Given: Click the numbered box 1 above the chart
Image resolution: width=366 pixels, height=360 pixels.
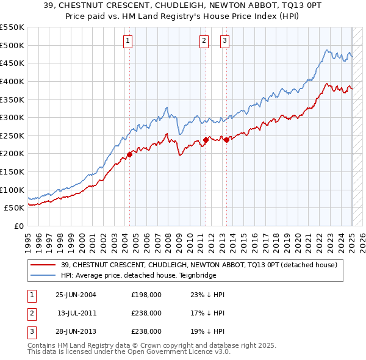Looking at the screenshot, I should [x=128, y=41].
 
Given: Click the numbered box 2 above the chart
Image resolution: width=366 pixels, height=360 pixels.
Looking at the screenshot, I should [x=204, y=41].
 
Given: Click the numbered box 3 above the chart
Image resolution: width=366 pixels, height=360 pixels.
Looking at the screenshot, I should [x=224, y=41].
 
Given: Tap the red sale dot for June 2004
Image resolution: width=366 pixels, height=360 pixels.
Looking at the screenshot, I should [x=130, y=154].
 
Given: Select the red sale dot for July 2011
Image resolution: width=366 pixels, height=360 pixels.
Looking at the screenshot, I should [x=206, y=140].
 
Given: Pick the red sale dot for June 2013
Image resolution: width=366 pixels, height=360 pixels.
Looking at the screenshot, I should [x=227, y=140].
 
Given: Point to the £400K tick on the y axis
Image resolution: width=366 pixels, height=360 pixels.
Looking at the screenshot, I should [x=13, y=81].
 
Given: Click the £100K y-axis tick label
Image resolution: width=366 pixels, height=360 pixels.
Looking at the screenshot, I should [x=13, y=190].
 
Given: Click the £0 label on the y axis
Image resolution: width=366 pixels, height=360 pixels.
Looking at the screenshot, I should [x=19, y=226].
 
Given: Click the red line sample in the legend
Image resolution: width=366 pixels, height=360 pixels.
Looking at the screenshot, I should [x=43, y=264].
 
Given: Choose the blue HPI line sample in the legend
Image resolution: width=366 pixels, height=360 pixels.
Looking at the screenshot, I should [x=43, y=275].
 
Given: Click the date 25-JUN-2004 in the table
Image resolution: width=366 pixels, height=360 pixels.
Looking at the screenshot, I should [x=76, y=295].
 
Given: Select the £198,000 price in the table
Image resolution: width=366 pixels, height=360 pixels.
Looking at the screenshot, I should [x=146, y=295].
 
